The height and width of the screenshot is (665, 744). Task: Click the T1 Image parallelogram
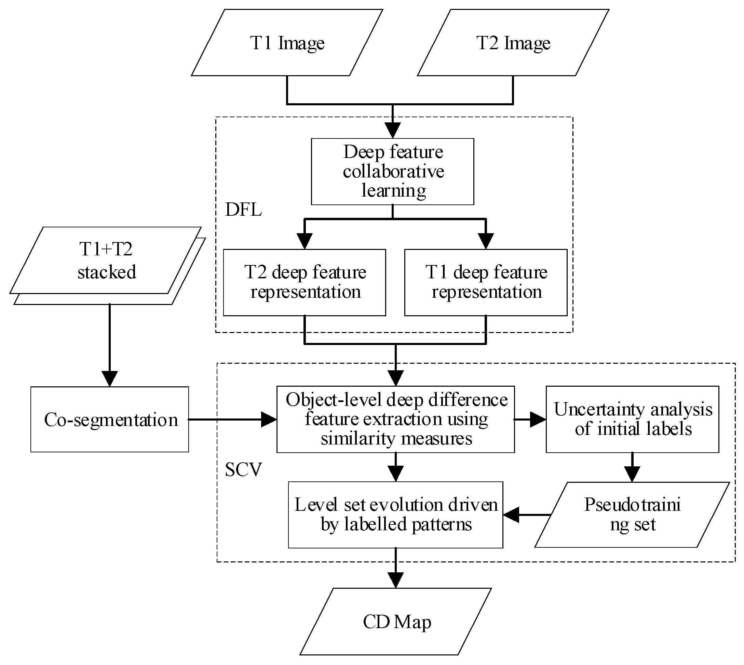(287, 43)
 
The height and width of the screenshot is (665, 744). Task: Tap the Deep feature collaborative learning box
(393, 171)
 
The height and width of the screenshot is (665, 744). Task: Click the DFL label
(244, 210)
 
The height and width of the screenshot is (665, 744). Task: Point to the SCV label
(244, 469)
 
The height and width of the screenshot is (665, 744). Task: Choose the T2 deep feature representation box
(305, 282)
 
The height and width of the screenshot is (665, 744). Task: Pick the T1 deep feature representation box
(486, 282)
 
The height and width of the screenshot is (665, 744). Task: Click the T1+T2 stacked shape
(106, 261)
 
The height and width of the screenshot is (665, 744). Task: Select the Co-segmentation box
(110, 420)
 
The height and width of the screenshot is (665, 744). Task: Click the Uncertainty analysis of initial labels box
(632, 419)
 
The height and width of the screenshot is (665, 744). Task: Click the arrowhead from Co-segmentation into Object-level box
(269, 420)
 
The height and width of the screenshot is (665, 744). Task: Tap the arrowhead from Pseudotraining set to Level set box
(511, 515)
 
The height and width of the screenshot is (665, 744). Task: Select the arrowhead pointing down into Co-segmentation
(110, 379)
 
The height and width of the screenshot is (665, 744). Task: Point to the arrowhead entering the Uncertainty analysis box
(538, 420)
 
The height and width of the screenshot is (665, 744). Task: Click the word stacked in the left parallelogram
(107, 272)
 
